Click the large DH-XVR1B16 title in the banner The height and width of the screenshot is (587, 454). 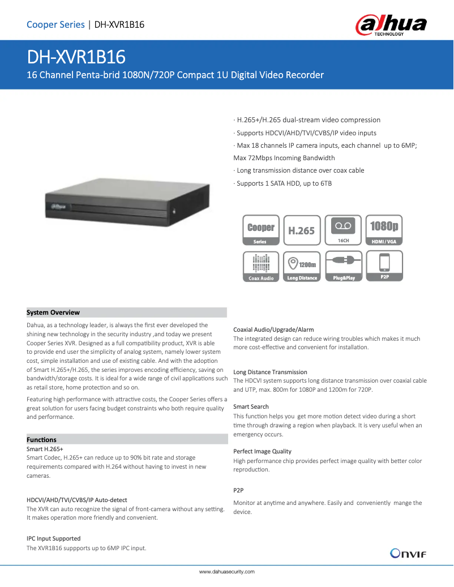pos(76,57)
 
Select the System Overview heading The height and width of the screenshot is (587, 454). pos(53,312)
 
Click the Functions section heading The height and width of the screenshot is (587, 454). pos(41,440)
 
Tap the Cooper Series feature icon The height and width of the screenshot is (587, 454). pos(260,230)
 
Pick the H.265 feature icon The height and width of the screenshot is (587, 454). pos(301,230)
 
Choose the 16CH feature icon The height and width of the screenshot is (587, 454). pos(343,230)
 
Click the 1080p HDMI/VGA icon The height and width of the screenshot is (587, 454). pos(384,230)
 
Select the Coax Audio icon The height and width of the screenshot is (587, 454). pos(260,267)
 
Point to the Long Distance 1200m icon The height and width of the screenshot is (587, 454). pos(301,267)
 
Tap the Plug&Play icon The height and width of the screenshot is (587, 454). pos(343,267)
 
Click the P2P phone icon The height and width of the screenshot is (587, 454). pos(384,267)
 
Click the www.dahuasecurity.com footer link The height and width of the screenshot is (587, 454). pos(227,572)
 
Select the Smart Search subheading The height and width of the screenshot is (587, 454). pos(251,406)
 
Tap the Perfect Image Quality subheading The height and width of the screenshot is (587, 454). pos(262,451)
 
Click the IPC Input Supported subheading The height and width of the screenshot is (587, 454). pos(53,538)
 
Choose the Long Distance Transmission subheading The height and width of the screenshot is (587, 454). pos(270,372)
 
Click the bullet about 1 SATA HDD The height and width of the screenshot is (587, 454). pos(283,183)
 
